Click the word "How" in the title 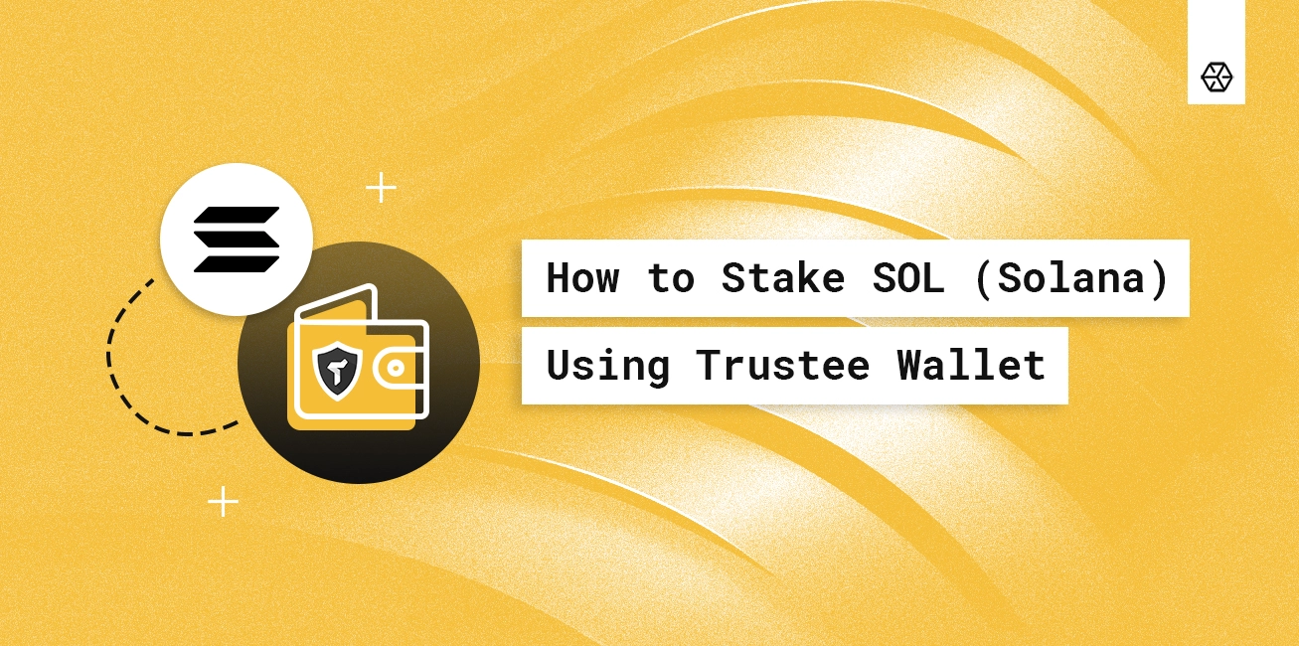point(582,277)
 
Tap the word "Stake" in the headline point(782,277)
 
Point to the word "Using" point(607,365)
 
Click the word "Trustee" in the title point(782,365)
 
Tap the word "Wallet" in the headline point(971,365)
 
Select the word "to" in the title point(671,277)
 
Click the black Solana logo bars point(237,240)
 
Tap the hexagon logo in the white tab point(1217,76)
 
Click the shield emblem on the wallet point(335,369)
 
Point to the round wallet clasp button point(395,368)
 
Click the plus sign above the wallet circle point(381,187)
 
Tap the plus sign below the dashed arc point(223,501)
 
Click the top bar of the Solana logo point(237,216)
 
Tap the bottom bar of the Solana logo point(237,263)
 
